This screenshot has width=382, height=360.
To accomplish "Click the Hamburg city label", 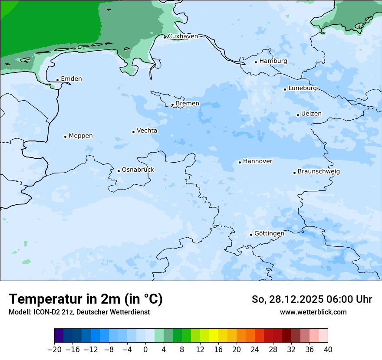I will coord(273,61).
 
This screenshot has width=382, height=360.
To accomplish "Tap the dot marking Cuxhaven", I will coord(165,37).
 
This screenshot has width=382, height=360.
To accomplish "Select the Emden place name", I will coord(71,79).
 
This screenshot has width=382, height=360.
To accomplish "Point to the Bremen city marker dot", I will coord(172,105).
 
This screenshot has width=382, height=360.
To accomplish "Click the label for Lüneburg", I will coord(302,88).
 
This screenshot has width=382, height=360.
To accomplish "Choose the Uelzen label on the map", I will coord(311,114).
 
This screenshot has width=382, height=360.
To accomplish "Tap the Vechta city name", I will coord(147,131).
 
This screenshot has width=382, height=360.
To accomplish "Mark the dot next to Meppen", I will coord(65,137).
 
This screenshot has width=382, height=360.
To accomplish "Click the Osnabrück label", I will coord(138,170).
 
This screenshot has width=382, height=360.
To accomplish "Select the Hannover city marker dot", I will coord(240,163).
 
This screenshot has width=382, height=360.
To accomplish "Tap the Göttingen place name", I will coord(269,234).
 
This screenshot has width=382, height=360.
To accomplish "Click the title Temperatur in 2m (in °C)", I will coord(86,299).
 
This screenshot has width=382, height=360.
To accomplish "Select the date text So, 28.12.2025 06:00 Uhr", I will coord(312,299).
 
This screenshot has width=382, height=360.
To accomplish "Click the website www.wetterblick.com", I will coord(313,312).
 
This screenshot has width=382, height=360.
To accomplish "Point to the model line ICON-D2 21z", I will coord(79,312).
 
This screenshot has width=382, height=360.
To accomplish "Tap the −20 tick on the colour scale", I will coord(55,350).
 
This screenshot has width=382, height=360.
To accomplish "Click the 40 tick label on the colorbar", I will coord(328,350).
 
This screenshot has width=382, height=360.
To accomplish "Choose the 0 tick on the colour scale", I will coord(145,350).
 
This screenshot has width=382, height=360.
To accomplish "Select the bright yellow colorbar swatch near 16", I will coord(214,336).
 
